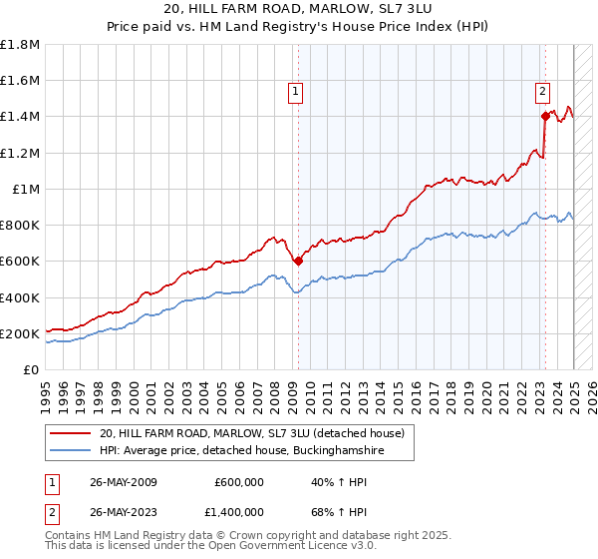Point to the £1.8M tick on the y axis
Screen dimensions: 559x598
pyautogui.click(x=21, y=45)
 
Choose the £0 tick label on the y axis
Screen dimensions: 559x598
pyautogui.click(x=32, y=369)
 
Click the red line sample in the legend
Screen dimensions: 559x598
pyautogui.click(x=71, y=433)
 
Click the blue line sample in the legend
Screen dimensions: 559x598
pyautogui.click(x=71, y=451)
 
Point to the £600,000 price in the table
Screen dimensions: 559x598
pyautogui.click(x=239, y=482)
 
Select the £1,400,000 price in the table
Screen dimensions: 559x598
pyautogui.click(x=233, y=512)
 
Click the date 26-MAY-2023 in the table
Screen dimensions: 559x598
pyautogui.click(x=123, y=512)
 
